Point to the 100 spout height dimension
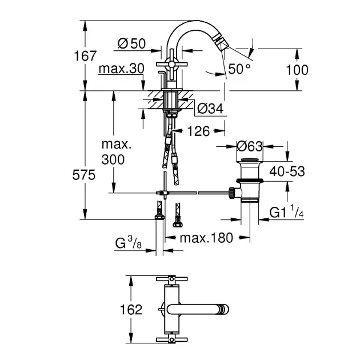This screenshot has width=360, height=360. point(297,70)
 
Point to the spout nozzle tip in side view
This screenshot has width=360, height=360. point(226,53)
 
